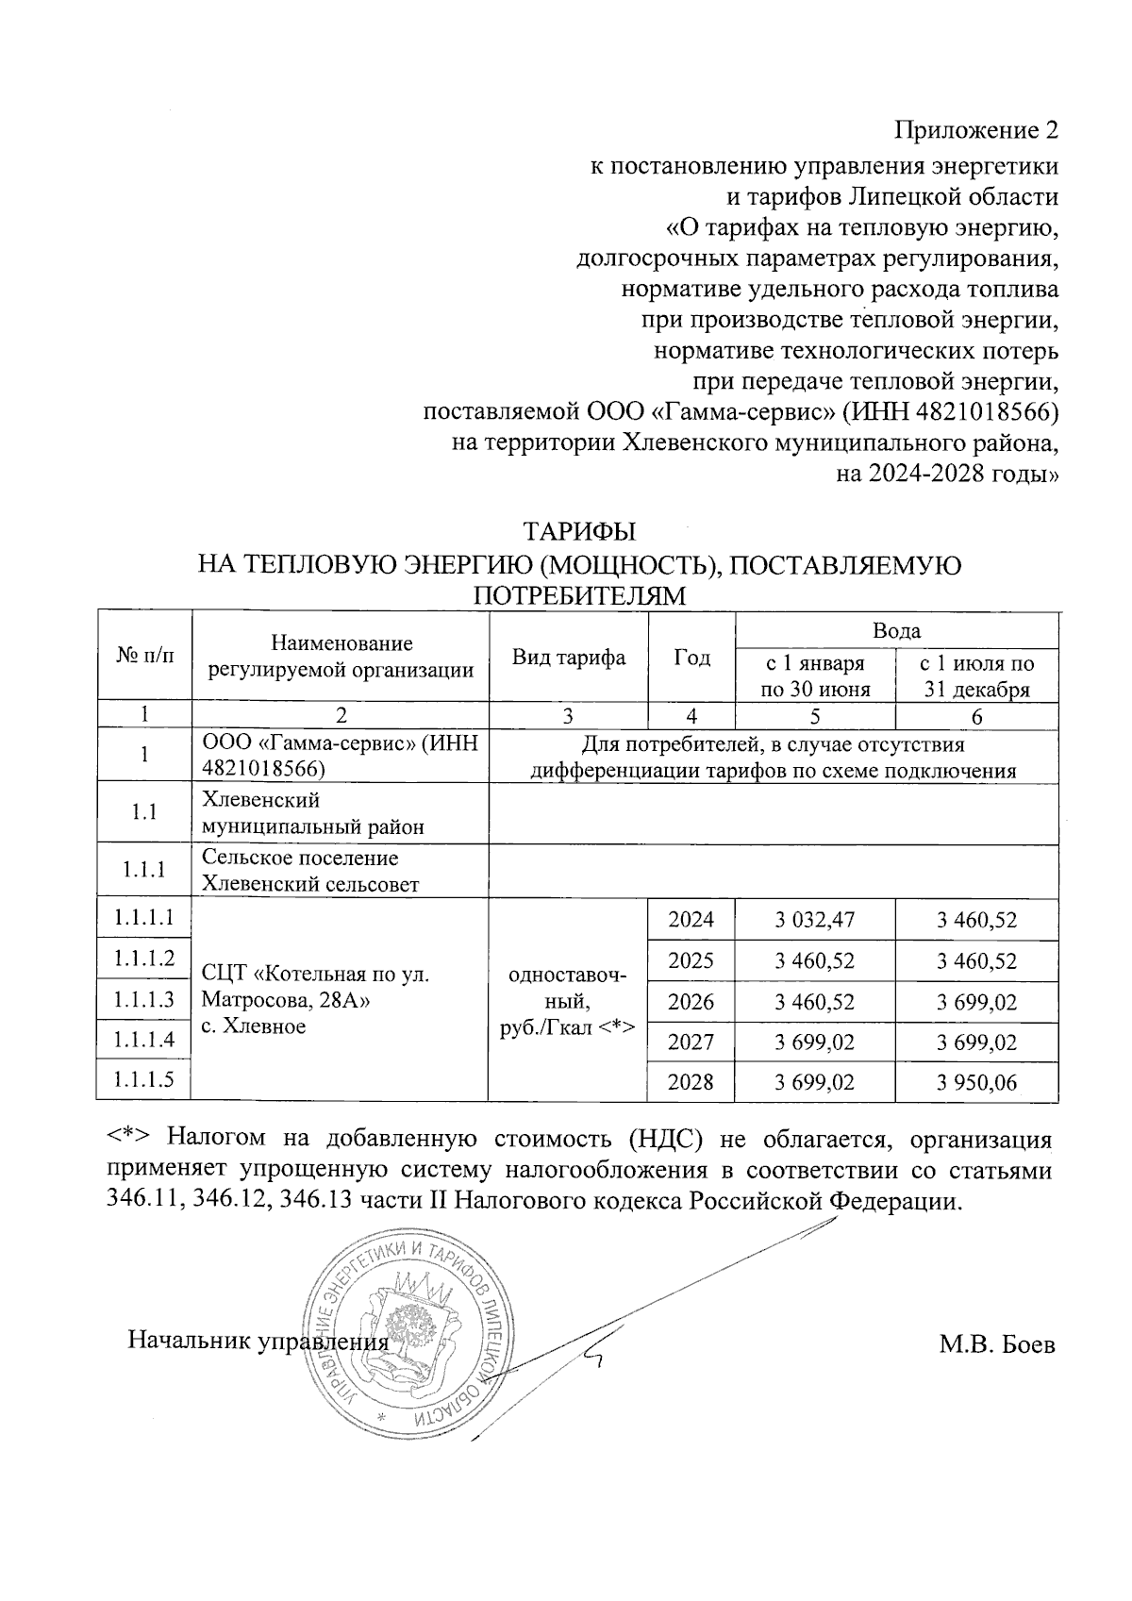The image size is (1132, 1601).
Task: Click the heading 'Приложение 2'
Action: (976, 129)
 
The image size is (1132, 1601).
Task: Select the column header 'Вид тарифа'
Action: (568, 658)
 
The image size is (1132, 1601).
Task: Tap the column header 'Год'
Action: (691, 658)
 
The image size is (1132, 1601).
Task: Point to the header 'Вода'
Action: (896, 630)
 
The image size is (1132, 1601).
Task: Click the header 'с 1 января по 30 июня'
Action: (814, 675)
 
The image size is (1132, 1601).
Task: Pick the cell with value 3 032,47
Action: (814, 920)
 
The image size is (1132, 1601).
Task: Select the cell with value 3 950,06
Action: (976, 1082)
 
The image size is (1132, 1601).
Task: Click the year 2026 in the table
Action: (691, 1001)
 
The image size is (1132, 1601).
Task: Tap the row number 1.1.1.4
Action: (144, 1041)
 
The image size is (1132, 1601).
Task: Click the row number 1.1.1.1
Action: (144, 917)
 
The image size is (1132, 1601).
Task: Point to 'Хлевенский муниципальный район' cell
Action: (313, 813)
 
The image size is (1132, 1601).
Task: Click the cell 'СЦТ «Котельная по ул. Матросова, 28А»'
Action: (316, 987)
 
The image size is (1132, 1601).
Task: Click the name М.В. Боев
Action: (995, 1344)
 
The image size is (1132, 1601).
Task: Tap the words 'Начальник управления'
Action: (258, 1341)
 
